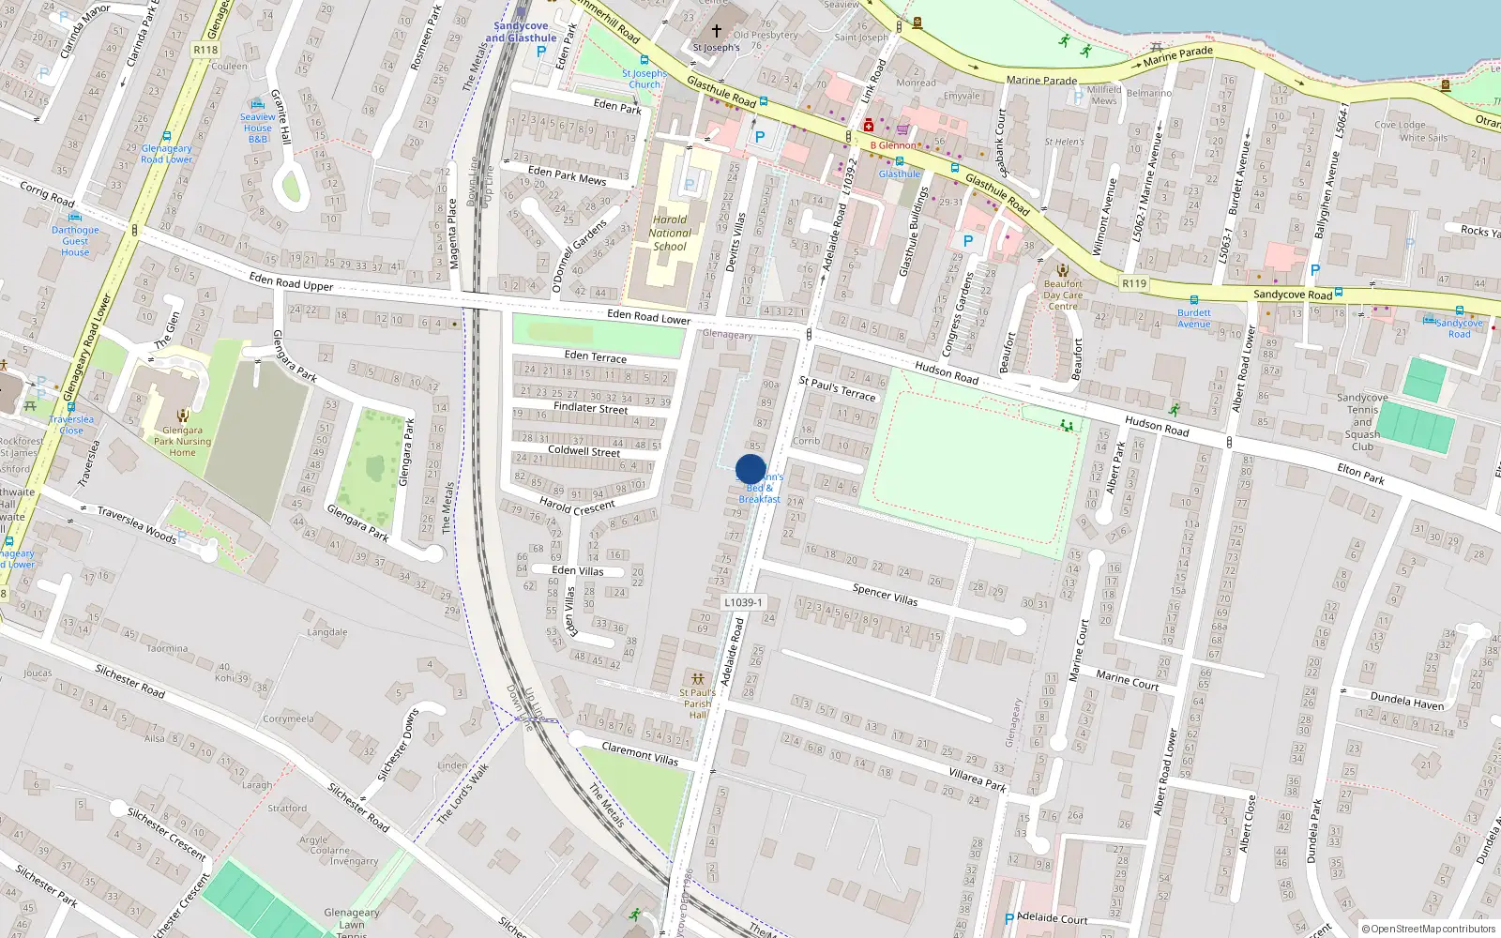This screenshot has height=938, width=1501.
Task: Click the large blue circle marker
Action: [x=750, y=469]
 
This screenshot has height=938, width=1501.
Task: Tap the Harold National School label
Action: [x=670, y=234]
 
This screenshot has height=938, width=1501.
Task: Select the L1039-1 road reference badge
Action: [x=743, y=602]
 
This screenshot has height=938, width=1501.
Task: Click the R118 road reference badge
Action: [x=205, y=50]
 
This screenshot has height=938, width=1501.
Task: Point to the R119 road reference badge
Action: [x=1133, y=283]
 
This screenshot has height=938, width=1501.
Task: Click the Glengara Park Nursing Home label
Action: [x=182, y=441]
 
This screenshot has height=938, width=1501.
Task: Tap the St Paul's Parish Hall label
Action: [x=697, y=703]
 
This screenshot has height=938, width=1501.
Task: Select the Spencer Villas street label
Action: [x=885, y=594]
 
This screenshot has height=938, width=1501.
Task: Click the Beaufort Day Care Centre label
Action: [x=1063, y=295]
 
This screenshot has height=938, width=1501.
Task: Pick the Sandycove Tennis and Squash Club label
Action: [x=1362, y=422]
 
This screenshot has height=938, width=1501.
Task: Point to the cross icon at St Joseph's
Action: [x=717, y=31]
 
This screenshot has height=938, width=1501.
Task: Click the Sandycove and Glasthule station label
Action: [x=521, y=32]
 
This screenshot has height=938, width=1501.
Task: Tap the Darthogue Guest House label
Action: [x=75, y=241]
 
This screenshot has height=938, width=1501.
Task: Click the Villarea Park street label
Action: [x=978, y=779]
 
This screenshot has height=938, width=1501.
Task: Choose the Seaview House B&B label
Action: [x=257, y=129]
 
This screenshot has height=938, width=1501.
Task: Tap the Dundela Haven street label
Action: [x=1406, y=701]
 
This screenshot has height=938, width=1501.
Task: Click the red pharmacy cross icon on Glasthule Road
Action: [x=869, y=125]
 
